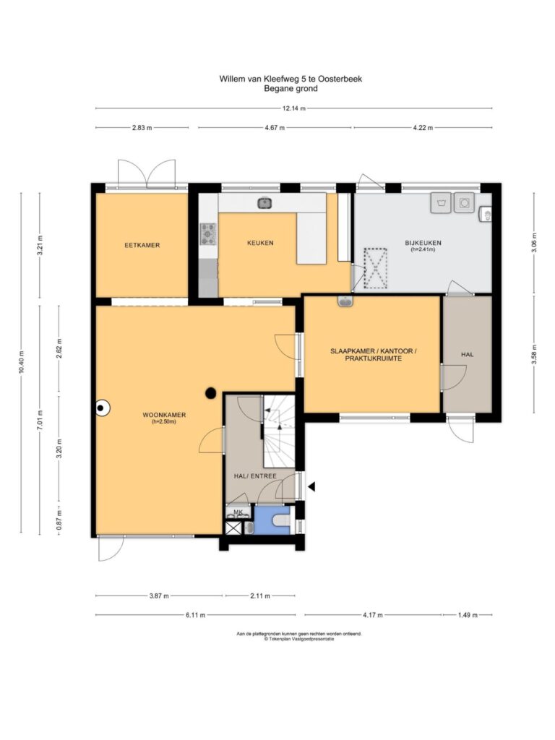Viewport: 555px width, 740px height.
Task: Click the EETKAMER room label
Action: (x=142, y=245)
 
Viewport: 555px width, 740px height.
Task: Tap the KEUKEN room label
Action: (x=260, y=243)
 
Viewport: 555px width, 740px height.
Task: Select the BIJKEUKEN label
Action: (x=423, y=243)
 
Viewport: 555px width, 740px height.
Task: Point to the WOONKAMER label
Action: (x=164, y=415)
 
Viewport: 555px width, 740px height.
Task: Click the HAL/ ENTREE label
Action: (x=255, y=476)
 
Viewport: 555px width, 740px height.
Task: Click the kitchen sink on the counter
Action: (x=264, y=203)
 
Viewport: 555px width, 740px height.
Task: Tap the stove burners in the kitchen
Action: (x=207, y=233)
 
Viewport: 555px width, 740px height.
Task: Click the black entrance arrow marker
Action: (x=311, y=486)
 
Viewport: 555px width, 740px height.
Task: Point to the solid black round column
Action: (x=210, y=392)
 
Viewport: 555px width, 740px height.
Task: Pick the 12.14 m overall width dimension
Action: (x=293, y=108)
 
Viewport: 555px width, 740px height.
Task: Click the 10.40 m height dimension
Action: (x=21, y=363)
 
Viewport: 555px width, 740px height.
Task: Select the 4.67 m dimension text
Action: (x=274, y=127)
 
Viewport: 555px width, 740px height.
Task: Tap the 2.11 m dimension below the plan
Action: (x=260, y=595)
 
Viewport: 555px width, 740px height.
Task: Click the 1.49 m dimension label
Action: (x=468, y=615)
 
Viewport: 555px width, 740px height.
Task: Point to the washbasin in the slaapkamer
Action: (x=345, y=301)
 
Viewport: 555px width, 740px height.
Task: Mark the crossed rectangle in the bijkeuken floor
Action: (x=375, y=268)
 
